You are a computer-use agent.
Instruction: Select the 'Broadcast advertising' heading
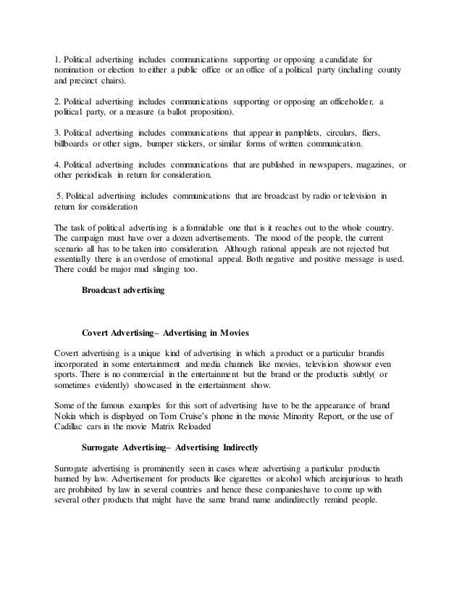click(x=123, y=291)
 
